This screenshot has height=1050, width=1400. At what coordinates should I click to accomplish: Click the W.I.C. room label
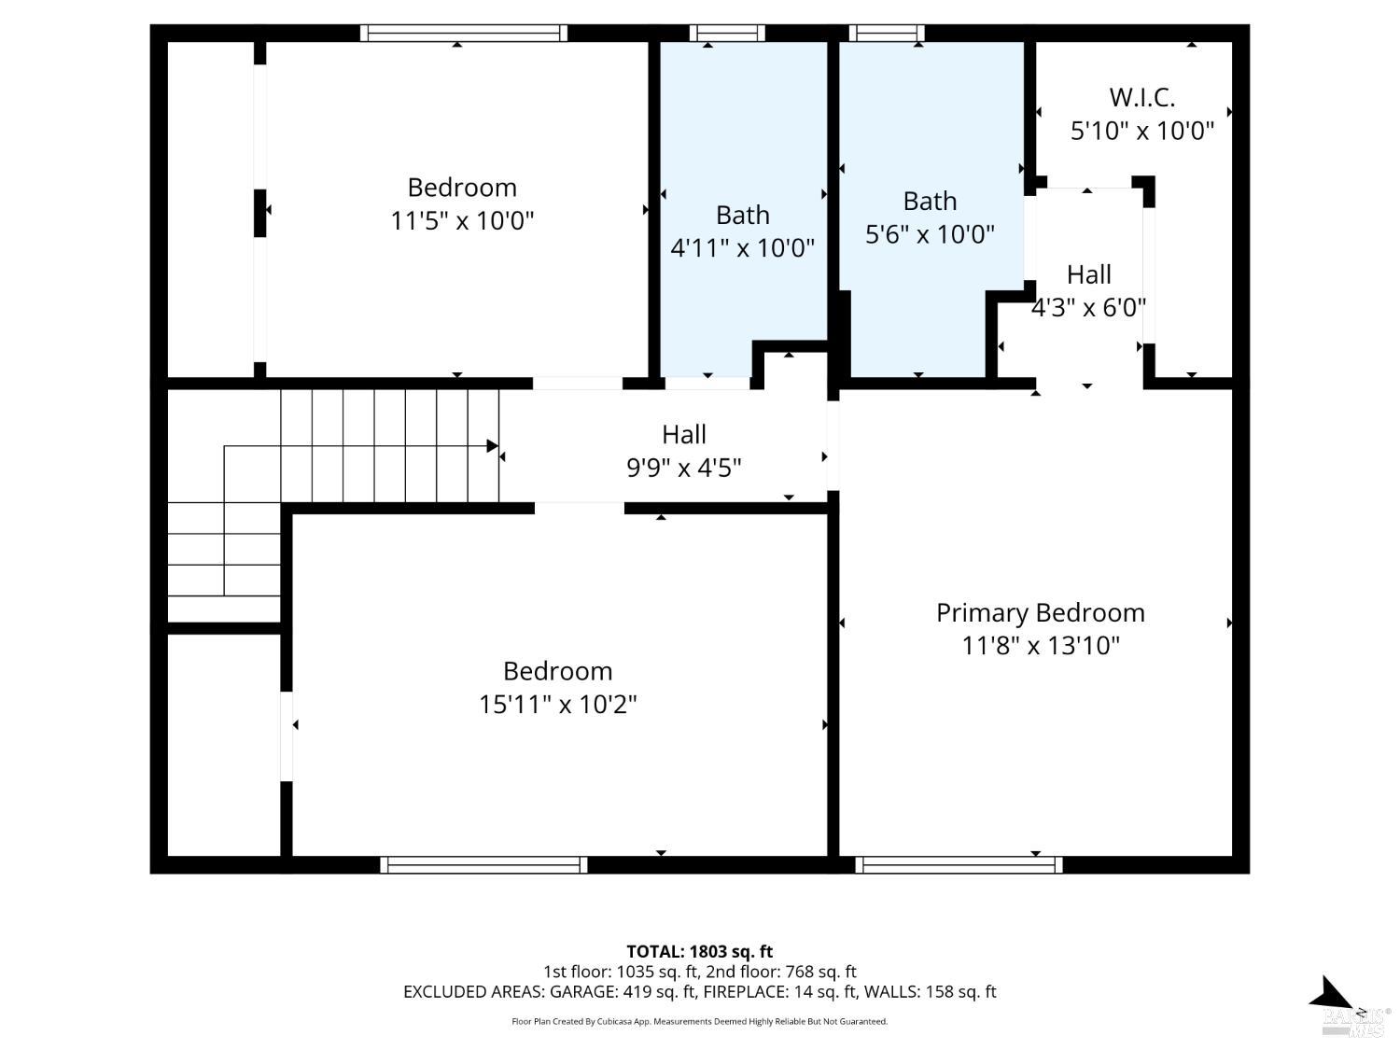pyautogui.click(x=1141, y=97)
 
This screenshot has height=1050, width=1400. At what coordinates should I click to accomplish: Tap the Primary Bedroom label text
pyautogui.click(x=1040, y=612)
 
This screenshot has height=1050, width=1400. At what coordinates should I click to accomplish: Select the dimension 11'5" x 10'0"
pyautogui.click(x=462, y=221)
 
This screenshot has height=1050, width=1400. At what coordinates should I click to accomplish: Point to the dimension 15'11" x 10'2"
pyautogui.click(x=557, y=704)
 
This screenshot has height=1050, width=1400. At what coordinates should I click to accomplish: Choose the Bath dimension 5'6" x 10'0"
pyautogui.click(x=930, y=233)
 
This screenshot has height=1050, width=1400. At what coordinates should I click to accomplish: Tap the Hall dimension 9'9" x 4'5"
pyautogui.click(x=683, y=467)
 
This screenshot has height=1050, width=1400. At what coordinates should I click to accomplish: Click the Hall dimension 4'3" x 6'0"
pyautogui.click(x=1088, y=307)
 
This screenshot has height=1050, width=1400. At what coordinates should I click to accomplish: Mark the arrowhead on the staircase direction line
pyautogui.click(x=492, y=446)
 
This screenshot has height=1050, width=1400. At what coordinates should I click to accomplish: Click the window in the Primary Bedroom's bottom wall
pyautogui.click(x=959, y=865)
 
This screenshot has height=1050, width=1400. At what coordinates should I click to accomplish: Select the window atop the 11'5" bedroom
pyautogui.click(x=464, y=34)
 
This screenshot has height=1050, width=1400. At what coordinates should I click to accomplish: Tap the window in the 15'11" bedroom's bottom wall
pyautogui.click(x=483, y=865)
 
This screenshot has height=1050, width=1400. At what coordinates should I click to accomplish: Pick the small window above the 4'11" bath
pyautogui.click(x=727, y=34)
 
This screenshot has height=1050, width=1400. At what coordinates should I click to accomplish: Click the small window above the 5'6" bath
pyautogui.click(x=887, y=34)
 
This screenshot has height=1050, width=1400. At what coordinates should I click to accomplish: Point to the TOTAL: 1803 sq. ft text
pyautogui.click(x=699, y=952)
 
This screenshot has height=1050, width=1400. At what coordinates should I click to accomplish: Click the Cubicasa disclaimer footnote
pyautogui.click(x=699, y=1021)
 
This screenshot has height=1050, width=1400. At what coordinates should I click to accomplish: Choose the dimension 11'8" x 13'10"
pyautogui.click(x=1040, y=645)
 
